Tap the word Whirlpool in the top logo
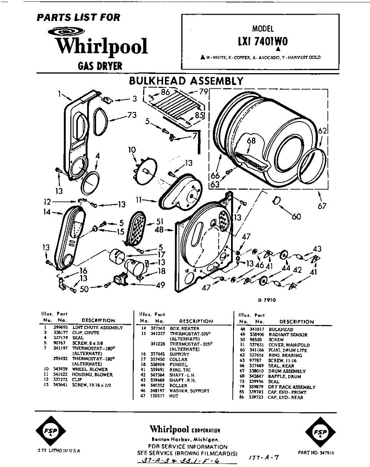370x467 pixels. pos(101,46)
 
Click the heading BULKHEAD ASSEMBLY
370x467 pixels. pos(186,81)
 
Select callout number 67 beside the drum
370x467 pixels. pos(321,206)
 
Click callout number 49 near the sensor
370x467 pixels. pos(160,285)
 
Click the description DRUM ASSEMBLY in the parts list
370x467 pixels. pos(287,371)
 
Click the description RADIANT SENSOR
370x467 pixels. pos(288,335)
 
